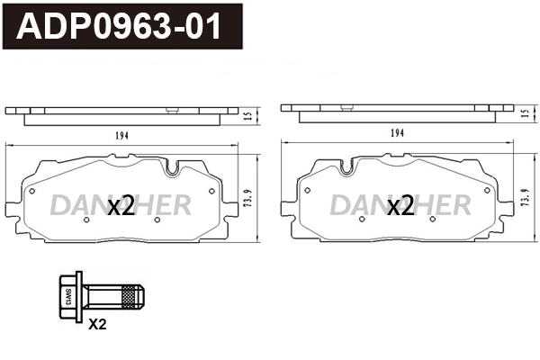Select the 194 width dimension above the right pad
point(398,133)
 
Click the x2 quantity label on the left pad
point(121,207)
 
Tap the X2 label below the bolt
point(97,325)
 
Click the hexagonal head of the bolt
point(68,293)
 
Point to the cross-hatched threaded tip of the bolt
point(134,293)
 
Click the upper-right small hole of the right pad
point(486,191)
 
